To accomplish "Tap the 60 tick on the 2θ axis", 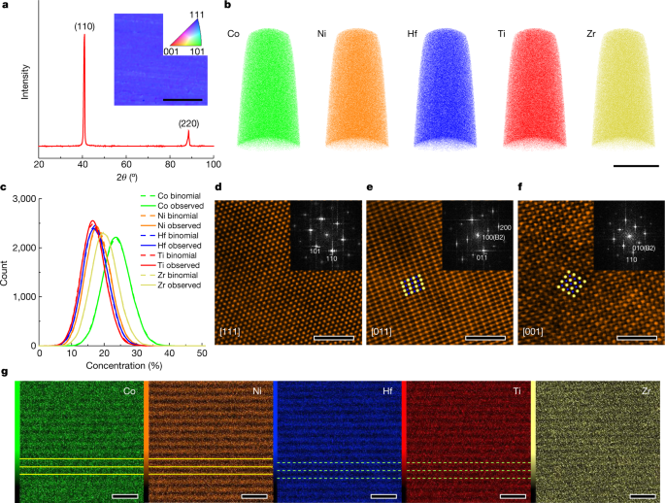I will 126,165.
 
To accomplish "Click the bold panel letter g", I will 8,373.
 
